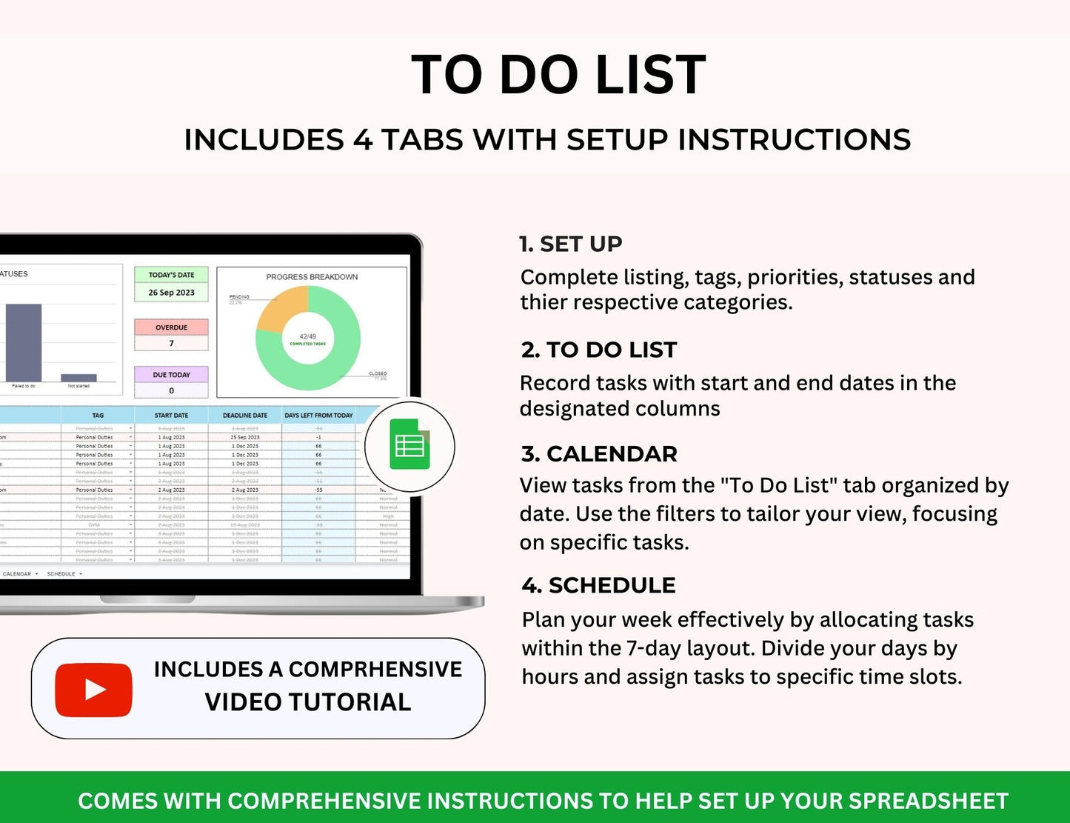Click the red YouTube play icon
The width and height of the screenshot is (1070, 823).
point(94,690)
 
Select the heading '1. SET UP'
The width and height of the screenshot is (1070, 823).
point(570,244)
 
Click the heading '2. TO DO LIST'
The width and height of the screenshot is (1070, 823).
point(598,350)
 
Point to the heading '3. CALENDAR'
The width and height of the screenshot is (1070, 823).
point(598,453)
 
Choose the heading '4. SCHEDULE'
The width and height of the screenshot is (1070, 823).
point(598,585)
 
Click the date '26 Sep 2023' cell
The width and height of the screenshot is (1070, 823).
point(171,293)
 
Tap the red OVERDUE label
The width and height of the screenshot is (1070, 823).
point(171,327)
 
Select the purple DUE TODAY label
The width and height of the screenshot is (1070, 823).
point(171,375)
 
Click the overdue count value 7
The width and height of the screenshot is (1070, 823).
point(171,344)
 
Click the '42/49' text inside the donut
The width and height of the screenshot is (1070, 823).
point(307,336)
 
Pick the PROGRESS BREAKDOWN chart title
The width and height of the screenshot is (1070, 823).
point(312,277)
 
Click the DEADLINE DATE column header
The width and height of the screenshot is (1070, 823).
point(245,416)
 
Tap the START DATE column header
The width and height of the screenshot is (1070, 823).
point(171,416)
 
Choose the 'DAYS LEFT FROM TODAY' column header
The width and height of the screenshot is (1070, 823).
point(318,416)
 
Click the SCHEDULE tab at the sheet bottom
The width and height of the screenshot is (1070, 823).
point(61,574)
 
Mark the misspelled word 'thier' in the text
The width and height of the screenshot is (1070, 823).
point(544,302)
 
